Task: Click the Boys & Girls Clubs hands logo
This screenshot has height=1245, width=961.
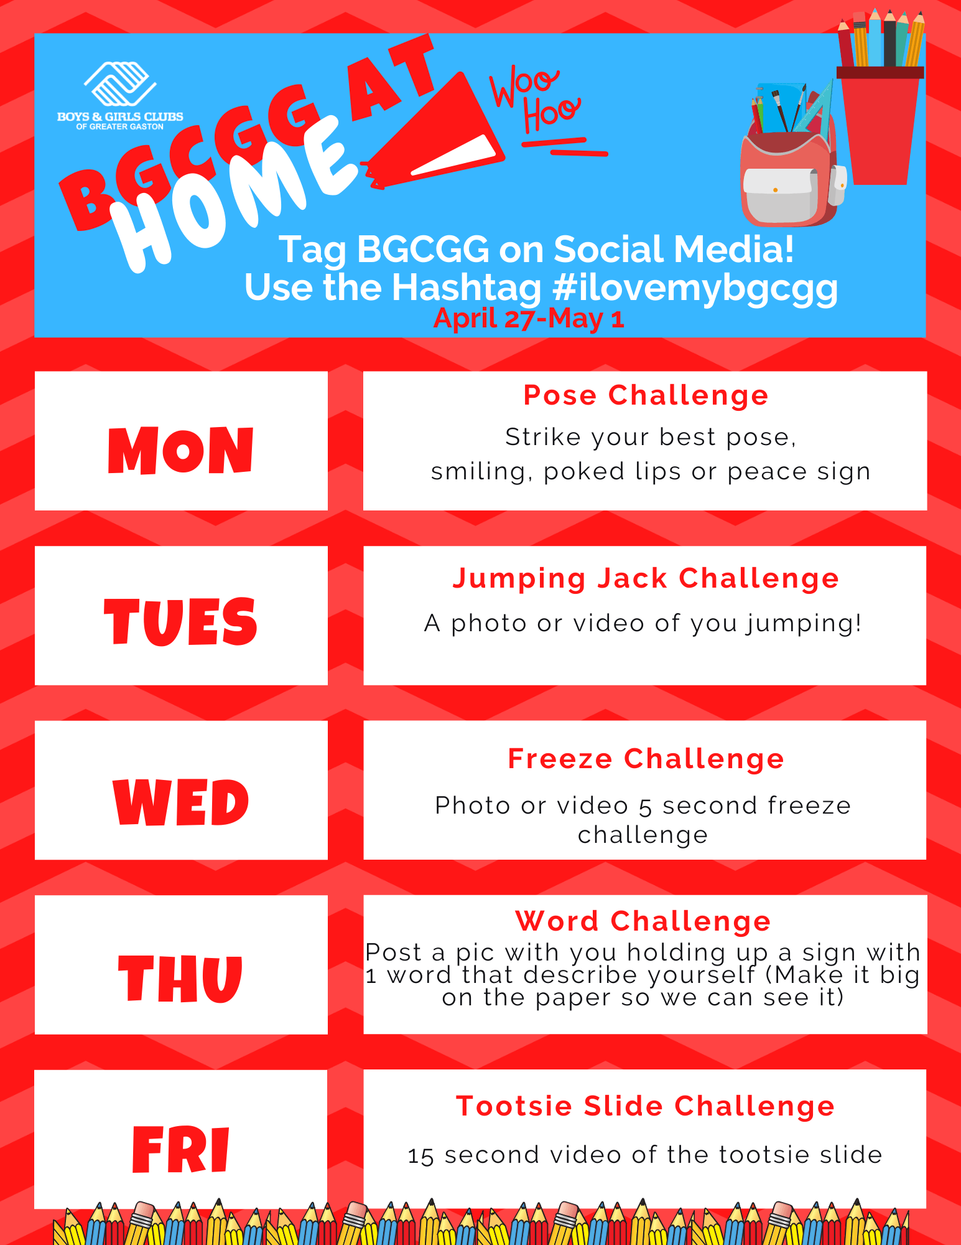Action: click(x=120, y=83)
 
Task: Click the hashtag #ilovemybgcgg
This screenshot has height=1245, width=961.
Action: click(x=695, y=288)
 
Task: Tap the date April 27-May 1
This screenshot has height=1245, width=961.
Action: click(x=529, y=319)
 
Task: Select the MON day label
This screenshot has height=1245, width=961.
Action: click(x=181, y=450)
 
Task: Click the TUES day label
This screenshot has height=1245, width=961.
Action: click(x=181, y=621)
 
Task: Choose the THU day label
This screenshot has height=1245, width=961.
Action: click(x=181, y=978)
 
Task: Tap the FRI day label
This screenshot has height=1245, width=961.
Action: click(x=181, y=1150)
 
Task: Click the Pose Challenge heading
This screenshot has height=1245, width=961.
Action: click(x=646, y=395)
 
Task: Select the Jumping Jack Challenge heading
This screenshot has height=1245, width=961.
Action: click(x=646, y=578)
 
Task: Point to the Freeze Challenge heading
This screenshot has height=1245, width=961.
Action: click(x=646, y=759)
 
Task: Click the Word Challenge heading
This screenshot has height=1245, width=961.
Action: click(x=643, y=921)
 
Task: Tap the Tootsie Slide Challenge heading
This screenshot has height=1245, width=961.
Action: click(x=645, y=1106)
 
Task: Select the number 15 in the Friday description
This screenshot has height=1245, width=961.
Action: click(x=420, y=1156)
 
